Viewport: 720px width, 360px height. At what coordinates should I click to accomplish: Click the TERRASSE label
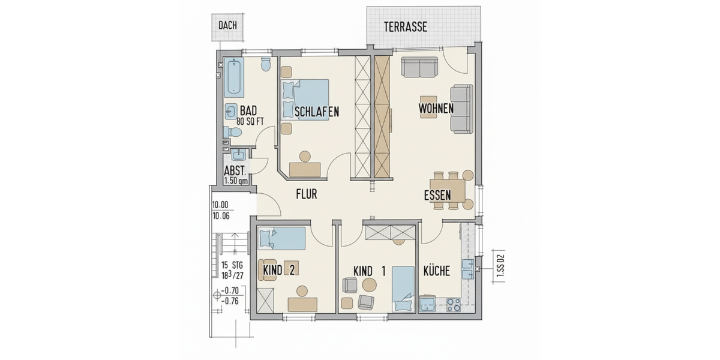(406, 26)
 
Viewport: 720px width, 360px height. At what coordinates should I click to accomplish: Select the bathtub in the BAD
(234, 78)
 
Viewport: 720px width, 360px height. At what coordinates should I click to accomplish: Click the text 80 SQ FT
(250, 121)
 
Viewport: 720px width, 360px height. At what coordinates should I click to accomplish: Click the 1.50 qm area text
(236, 179)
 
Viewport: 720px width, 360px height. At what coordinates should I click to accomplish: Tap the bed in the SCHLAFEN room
(306, 100)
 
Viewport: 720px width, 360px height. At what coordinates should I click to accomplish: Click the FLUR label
(306, 194)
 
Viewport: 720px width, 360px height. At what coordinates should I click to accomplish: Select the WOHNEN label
(436, 109)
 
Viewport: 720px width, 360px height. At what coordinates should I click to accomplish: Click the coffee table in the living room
(428, 107)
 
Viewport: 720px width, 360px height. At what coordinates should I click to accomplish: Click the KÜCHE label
(436, 271)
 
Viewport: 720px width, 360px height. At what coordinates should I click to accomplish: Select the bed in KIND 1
(403, 288)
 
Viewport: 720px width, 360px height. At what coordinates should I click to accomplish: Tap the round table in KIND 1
(368, 284)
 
